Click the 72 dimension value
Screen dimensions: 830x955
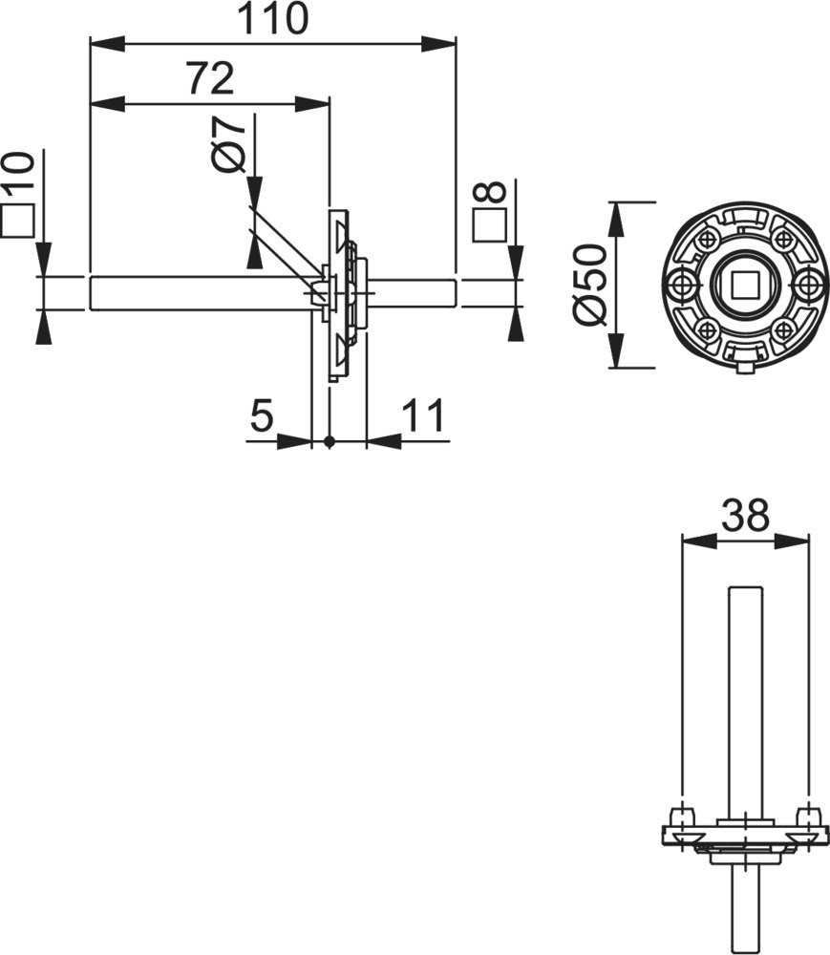(x=210, y=78)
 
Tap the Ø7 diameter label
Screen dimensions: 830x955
(x=228, y=145)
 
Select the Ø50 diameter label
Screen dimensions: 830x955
(x=589, y=284)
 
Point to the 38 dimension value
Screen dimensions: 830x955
(x=745, y=516)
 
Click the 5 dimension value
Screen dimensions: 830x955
(x=262, y=416)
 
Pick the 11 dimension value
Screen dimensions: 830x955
(x=423, y=416)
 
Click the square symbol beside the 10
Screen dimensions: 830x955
(x=17, y=221)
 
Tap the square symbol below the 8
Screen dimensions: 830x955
(x=490, y=225)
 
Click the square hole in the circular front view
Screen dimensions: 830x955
(x=743, y=285)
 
